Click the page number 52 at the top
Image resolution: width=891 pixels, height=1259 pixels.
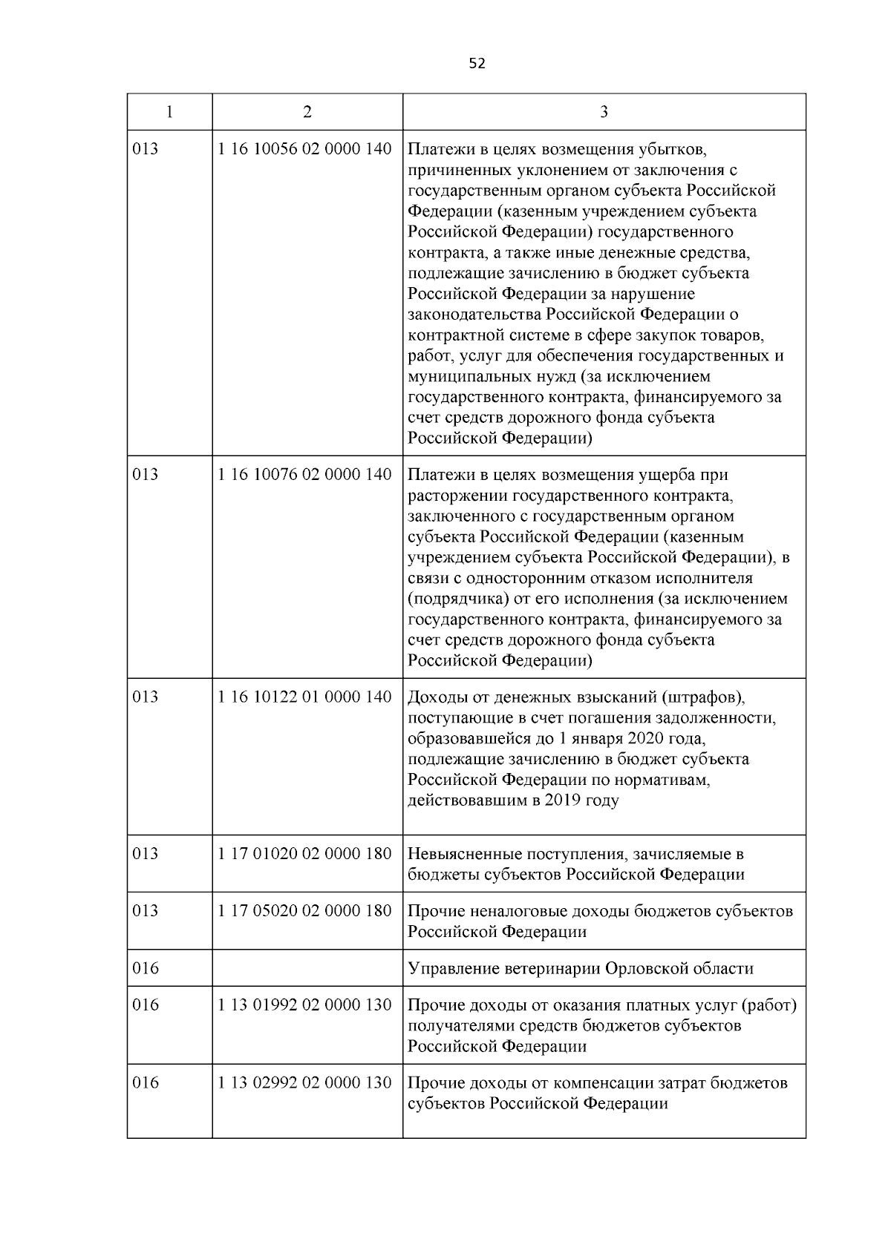(x=477, y=64)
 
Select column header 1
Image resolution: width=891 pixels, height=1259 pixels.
(x=169, y=112)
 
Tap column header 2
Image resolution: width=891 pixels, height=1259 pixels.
(x=307, y=112)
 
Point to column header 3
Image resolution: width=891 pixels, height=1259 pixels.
(x=604, y=112)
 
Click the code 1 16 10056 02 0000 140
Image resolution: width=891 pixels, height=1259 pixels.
(x=304, y=149)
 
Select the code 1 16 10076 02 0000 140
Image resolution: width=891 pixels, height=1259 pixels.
(x=304, y=474)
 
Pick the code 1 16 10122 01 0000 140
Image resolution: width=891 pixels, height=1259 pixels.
(x=304, y=697)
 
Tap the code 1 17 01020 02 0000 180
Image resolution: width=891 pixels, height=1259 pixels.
(x=304, y=854)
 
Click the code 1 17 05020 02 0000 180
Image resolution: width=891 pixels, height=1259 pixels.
(x=304, y=911)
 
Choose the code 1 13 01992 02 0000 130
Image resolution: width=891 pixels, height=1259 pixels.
(x=304, y=1005)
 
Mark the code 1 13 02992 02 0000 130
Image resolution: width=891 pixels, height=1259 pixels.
(x=304, y=1083)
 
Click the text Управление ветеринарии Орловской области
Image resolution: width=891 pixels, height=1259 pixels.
(x=581, y=968)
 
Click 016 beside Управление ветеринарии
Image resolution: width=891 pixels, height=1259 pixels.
(x=146, y=968)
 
